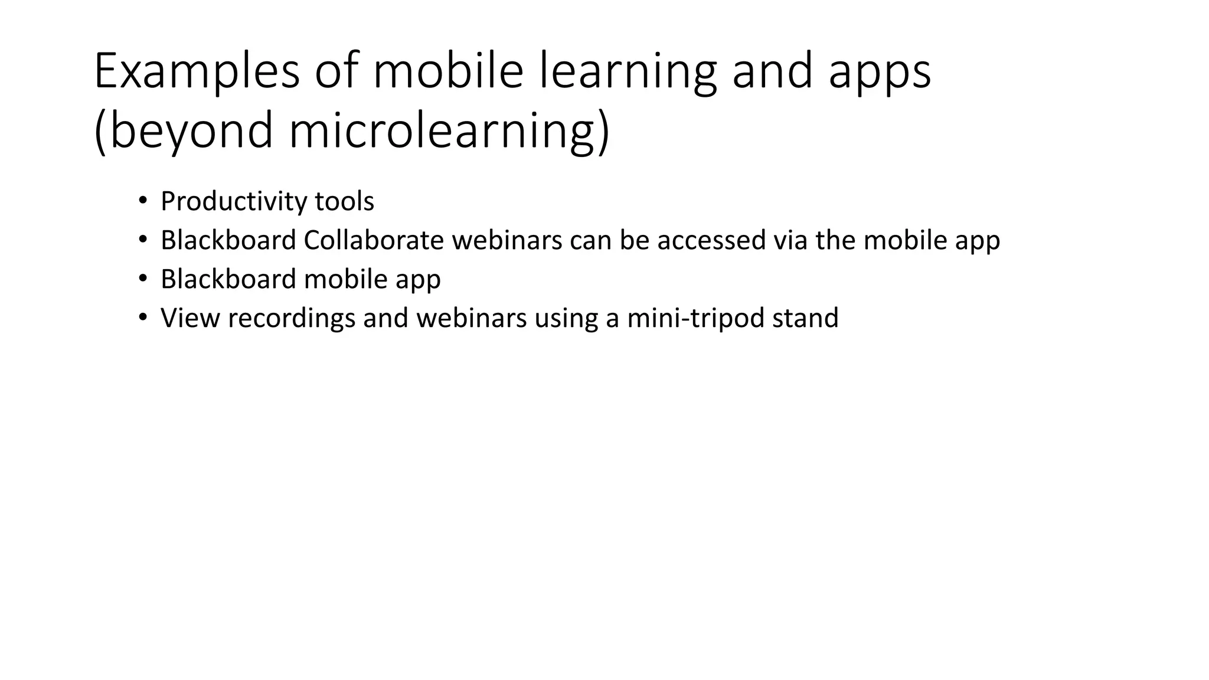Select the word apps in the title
[879, 72]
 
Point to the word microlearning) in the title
[449, 131]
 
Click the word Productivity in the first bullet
[234, 202]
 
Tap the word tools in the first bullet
[344, 202]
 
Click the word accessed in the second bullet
[711, 240]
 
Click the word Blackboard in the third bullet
[228, 279]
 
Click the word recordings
[292, 318]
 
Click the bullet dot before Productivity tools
[142, 201]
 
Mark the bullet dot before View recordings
[142, 318]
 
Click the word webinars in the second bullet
[507, 240]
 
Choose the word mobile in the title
[448, 72]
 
